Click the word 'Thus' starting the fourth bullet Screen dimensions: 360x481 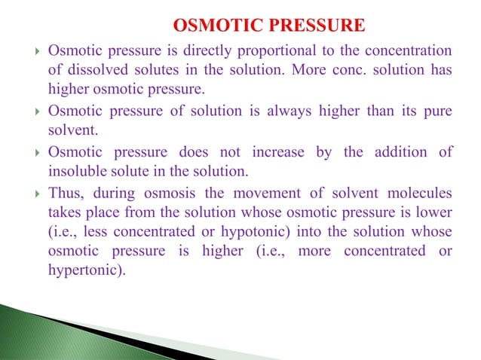pyautogui.click(x=63, y=193)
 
